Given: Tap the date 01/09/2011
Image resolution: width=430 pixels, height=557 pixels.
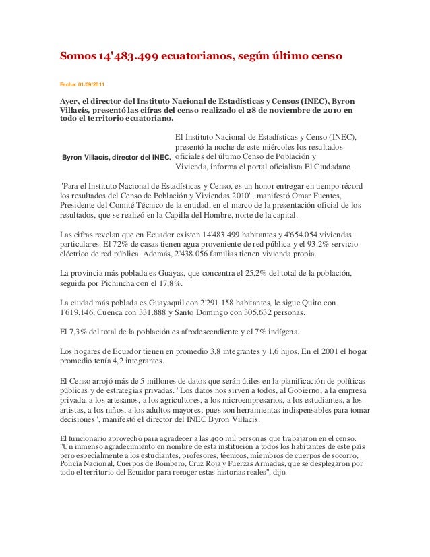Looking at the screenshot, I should pyautogui.click(x=91, y=84).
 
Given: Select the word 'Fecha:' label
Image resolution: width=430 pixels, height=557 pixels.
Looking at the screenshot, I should pyautogui.click(x=68, y=84).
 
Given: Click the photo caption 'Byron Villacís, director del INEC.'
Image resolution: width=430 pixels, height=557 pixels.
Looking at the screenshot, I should pyautogui.click(x=116, y=158).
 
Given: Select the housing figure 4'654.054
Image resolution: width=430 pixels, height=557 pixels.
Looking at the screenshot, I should pyautogui.click(x=307, y=235).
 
